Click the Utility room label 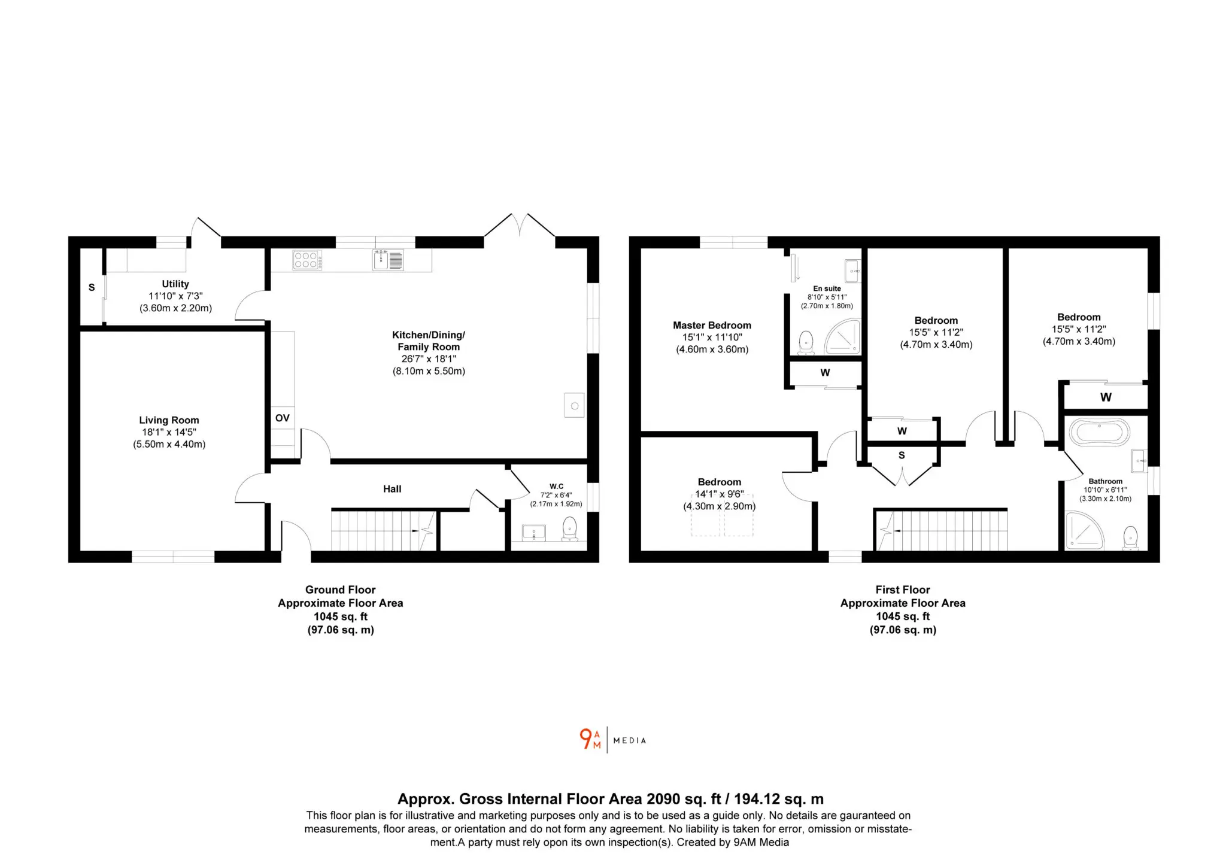click(175, 284)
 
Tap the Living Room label click(169, 420)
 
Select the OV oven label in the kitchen click(283, 418)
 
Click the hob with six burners click(307, 260)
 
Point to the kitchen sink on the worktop click(389, 260)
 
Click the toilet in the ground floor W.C click(569, 529)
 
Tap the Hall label click(392, 489)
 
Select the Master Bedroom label click(712, 325)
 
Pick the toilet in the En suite click(806, 343)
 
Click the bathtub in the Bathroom click(1100, 432)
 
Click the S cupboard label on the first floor click(902, 455)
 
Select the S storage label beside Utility click(92, 287)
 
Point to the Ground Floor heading click(341, 590)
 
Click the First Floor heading click(903, 590)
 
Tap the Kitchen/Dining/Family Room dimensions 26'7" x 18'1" click(429, 358)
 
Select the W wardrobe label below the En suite click(825, 372)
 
